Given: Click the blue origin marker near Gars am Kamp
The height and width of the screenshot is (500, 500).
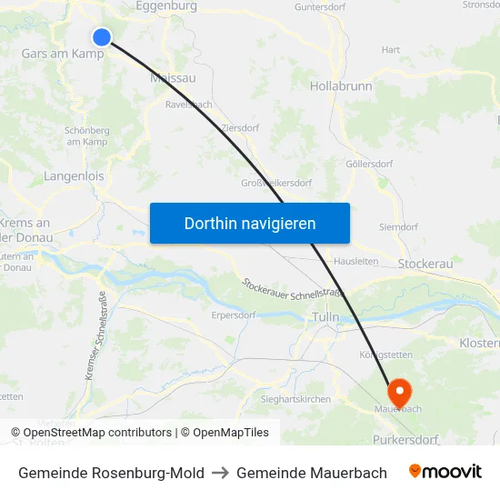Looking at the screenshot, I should (102, 36).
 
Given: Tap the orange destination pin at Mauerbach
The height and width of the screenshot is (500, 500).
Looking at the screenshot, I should (399, 393).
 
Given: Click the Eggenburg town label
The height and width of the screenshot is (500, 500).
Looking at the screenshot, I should (165, 6).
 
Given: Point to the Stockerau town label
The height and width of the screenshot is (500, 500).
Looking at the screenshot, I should (426, 263).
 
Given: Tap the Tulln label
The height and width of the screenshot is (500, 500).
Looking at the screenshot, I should (325, 316).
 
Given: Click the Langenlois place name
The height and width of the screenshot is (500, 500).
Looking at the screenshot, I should (74, 176).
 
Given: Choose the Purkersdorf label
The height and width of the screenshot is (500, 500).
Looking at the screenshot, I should (405, 439).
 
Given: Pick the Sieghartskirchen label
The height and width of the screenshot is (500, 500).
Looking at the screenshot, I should (295, 398).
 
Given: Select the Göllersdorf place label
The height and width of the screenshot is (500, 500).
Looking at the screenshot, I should (369, 164).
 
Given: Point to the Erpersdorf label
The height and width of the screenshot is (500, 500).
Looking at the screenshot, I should (233, 315).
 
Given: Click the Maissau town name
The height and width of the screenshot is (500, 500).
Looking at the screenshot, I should (172, 78).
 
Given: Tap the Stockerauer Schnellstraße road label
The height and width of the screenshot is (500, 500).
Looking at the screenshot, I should (293, 290).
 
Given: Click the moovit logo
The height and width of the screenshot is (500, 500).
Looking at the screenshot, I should (445, 472).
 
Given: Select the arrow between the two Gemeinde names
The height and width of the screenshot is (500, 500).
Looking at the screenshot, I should (220, 473).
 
